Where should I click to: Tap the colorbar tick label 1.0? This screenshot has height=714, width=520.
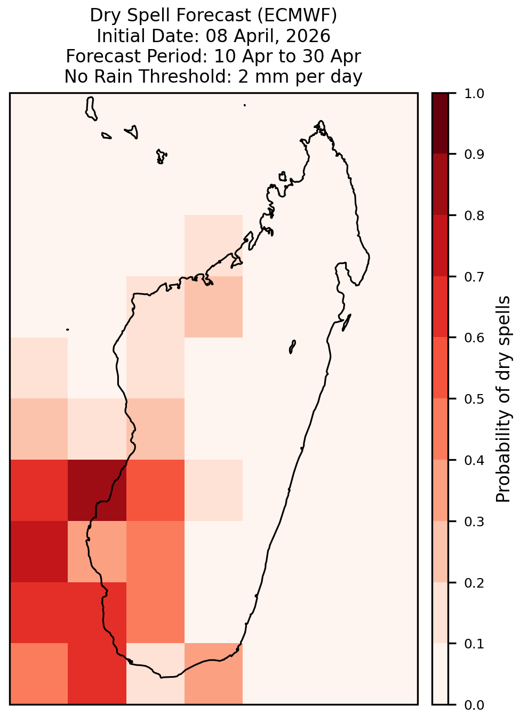[x=474, y=94]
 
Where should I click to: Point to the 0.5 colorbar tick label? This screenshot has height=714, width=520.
[x=474, y=399]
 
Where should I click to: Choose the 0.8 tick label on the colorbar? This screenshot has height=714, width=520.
[x=474, y=216]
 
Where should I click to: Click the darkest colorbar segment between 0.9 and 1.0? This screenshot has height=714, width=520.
[x=441, y=124]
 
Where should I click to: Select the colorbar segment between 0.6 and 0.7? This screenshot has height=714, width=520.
[x=441, y=307]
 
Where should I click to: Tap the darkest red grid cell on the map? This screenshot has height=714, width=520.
[x=97, y=490]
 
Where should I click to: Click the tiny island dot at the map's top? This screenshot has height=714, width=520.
[x=245, y=105]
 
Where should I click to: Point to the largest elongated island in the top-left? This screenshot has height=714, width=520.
[x=91, y=109]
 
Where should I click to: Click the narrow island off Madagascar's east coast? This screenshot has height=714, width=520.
[x=347, y=323]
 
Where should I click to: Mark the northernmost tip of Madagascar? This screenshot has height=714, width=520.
[x=321, y=121]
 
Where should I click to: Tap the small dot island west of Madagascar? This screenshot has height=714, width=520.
[x=67, y=330]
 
